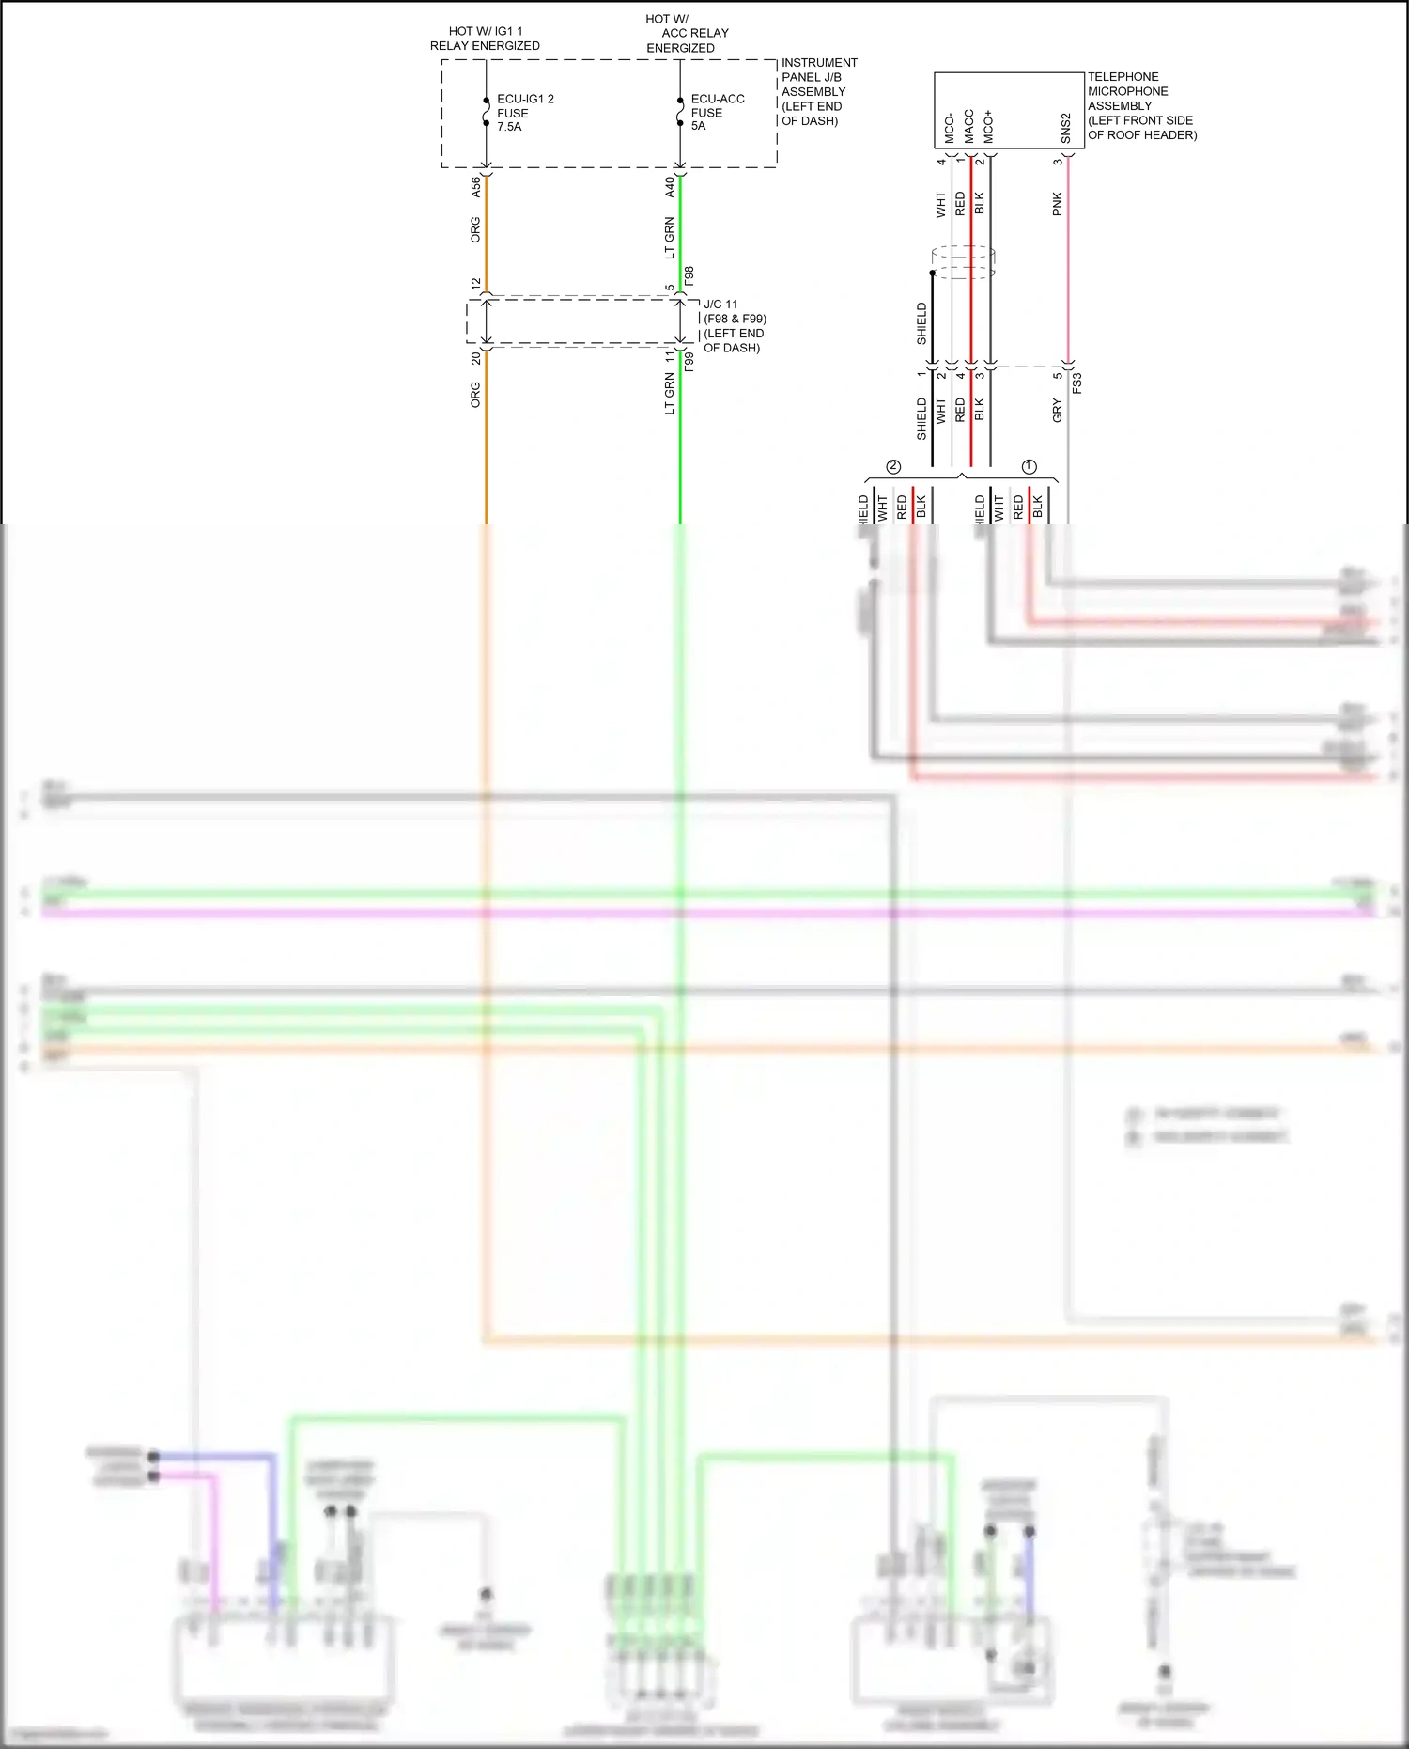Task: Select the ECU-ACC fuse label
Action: [x=717, y=112]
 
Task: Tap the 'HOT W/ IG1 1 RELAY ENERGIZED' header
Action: [x=485, y=39]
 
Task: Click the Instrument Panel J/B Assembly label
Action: [x=818, y=91]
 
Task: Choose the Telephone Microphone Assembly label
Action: [x=1140, y=105]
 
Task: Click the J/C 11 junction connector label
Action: [x=734, y=326]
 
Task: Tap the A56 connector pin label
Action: [x=475, y=186]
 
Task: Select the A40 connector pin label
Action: [x=670, y=186]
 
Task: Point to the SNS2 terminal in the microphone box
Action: [x=1065, y=128]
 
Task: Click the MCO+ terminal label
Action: [x=988, y=127]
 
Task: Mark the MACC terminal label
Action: [x=968, y=127]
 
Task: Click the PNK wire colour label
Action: [x=1057, y=204]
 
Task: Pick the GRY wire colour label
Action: [x=1057, y=410]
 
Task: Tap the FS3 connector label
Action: [x=1077, y=383]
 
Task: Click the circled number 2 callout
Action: [x=893, y=467]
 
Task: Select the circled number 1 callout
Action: [x=1029, y=467]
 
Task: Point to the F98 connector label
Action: [x=689, y=276]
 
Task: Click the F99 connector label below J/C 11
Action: [x=689, y=362]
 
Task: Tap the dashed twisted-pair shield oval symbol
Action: [x=963, y=262]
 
